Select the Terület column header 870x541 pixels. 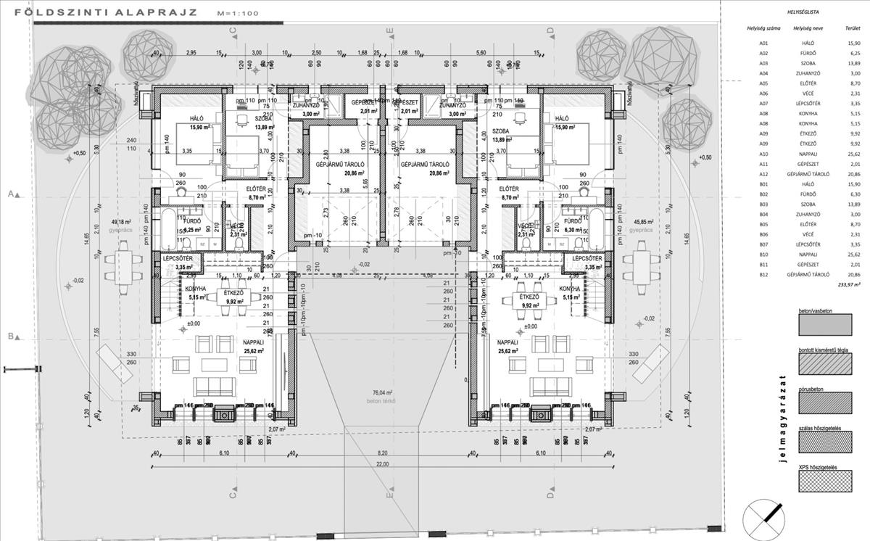[843, 29]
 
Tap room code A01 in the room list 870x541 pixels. [763, 44]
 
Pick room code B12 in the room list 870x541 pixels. [763, 276]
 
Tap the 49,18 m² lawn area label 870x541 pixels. [120, 222]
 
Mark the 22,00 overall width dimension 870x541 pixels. [382, 464]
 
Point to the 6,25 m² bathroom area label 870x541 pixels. [192, 230]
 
